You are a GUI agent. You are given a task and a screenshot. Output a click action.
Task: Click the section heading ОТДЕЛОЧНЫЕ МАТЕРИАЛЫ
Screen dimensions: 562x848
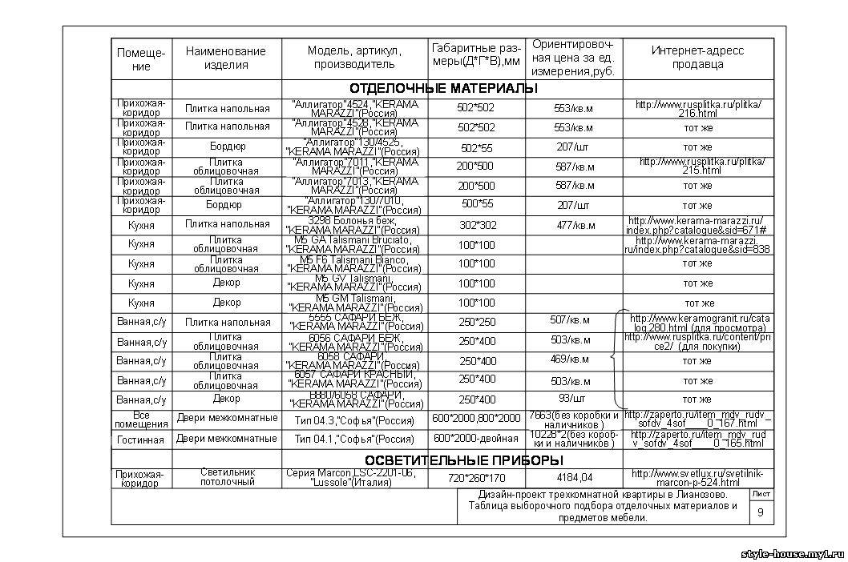pyautogui.click(x=443, y=88)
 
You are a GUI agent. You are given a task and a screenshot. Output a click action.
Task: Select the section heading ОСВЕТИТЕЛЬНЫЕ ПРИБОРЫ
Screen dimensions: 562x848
pyautogui.click(x=464, y=460)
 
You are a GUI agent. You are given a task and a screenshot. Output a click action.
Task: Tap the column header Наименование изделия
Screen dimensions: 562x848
pyautogui.click(x=226, y=58)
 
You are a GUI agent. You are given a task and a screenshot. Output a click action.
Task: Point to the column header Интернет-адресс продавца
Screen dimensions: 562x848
pyautogui.click(x=697, y=58)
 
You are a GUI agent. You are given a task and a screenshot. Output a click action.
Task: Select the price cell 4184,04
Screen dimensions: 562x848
pyautogui.click(x=573, y=478)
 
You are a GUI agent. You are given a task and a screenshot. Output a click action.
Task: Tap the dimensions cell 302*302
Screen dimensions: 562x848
pyautogui.click(x=478, y=226)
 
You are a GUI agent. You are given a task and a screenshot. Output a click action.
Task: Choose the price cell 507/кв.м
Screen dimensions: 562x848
pyautogui.click(x=570, y=321)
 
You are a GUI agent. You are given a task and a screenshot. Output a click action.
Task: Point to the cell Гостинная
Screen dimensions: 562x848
pyautogui.click(x=141, y=440)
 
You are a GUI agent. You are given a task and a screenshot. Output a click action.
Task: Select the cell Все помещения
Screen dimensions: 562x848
pyautogui.click(x=141, y=419)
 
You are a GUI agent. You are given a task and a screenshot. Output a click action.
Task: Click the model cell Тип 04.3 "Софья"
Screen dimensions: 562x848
pyautogui.click(x=353, y=419)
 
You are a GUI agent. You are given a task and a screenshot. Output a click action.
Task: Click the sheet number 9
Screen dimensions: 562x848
pyautogui.click(x=761, y=512)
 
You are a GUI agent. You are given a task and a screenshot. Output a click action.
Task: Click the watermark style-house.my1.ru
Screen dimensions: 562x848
pyautogui.click(x=791, y=554)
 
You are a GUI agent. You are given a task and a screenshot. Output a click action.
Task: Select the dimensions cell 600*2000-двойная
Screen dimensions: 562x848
pyautogui.click(x=476, y=439)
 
